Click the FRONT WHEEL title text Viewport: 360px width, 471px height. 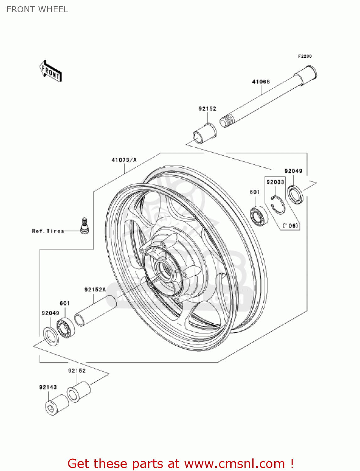tap(37, 9)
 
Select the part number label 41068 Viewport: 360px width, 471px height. tap(261, 82)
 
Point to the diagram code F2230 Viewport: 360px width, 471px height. tap(305, 56)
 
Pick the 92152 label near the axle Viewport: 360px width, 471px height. tap(207, 109)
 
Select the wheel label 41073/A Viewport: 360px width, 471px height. tap(124, 160)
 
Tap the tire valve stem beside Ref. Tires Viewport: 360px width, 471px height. tap(84, 226)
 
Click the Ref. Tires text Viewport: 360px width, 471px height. tap(48, 231)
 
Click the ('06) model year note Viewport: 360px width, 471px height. tap(290, 225)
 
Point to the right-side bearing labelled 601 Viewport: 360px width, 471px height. tap(259, 215)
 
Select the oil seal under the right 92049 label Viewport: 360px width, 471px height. tap(295, 195)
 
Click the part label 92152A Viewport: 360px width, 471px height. tap(95, 290)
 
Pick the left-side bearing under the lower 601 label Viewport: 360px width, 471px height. tap(66, 328)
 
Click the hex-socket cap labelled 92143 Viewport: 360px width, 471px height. tap(56, 405)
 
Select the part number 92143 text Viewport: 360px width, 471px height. tap(48, 387)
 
